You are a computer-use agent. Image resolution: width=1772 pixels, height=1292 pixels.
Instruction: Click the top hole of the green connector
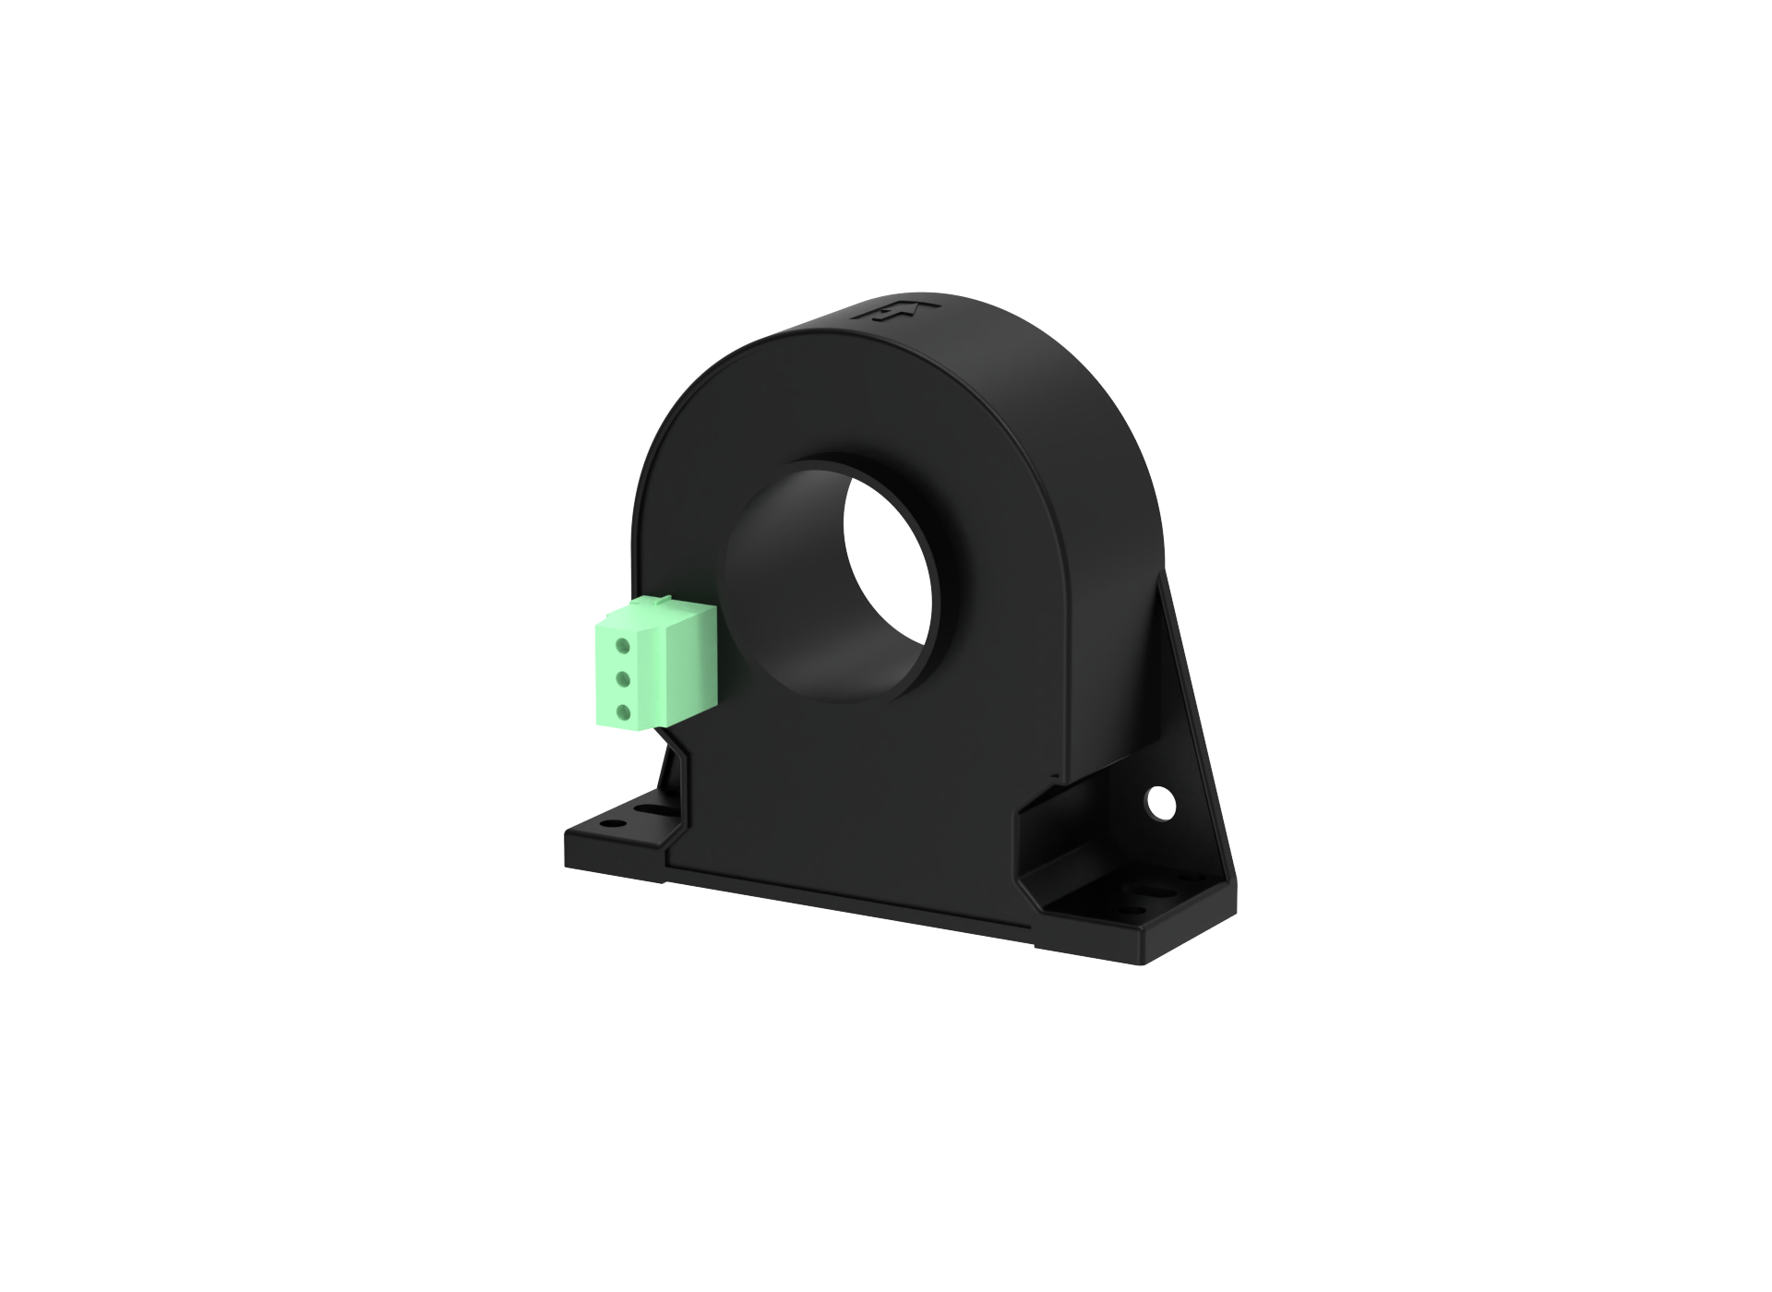coord(623,645)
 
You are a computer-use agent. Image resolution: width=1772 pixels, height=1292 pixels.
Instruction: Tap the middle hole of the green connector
coord(623,679)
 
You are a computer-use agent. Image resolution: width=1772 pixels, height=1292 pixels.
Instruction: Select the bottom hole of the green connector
coord(623,712)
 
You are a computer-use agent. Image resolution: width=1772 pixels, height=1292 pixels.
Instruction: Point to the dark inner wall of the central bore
coord(784,600)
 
